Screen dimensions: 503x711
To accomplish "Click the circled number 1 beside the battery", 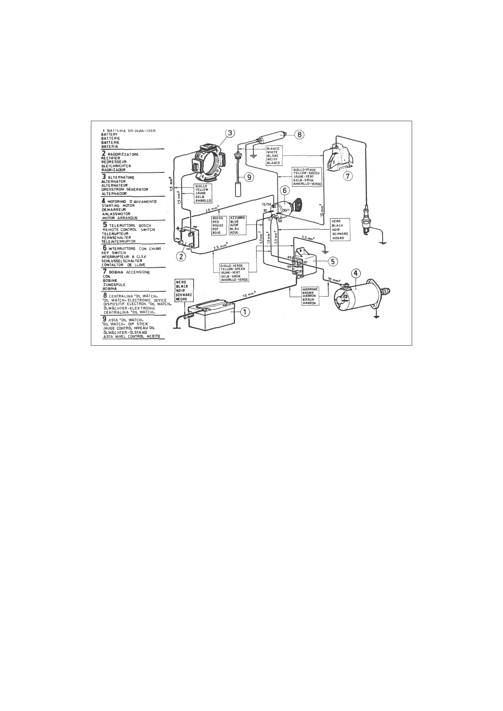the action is [245, 312].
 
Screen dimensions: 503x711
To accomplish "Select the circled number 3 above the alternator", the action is [229, 133].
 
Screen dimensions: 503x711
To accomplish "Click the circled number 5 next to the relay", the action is [333, 261].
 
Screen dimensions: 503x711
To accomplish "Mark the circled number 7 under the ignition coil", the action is [347, 175].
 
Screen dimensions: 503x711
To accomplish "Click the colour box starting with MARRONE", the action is [308, 296].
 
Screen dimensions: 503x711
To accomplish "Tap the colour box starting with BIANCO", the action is [273, 155].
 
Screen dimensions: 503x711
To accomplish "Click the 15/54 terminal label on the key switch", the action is [266, 204].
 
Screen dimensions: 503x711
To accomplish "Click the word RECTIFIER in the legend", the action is [111, 158].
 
